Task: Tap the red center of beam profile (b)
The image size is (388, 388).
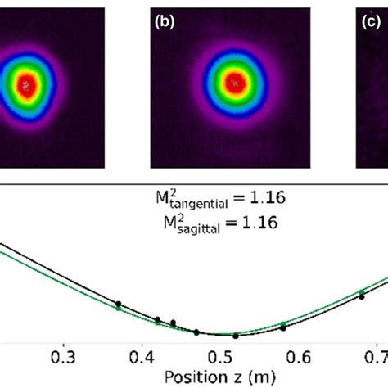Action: (x=236, y=83)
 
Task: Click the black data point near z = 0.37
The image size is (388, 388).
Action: (x=118, y=304)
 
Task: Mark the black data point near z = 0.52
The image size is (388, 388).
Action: (x=236, y=336)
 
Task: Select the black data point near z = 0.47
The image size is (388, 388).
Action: (x=196, y=332)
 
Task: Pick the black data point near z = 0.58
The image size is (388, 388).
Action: (x=283, y=327)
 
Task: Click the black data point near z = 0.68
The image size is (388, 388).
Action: (x=361, y=297)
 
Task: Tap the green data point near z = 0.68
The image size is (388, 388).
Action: (x=361, y=291)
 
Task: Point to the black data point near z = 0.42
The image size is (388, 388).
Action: (x=158, y=319)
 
